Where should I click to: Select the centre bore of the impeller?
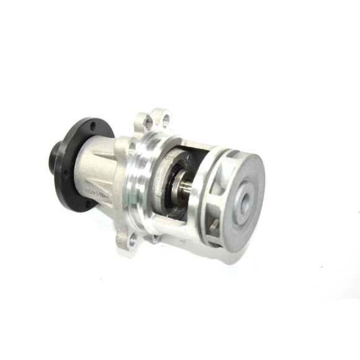(x=244, y=200)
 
